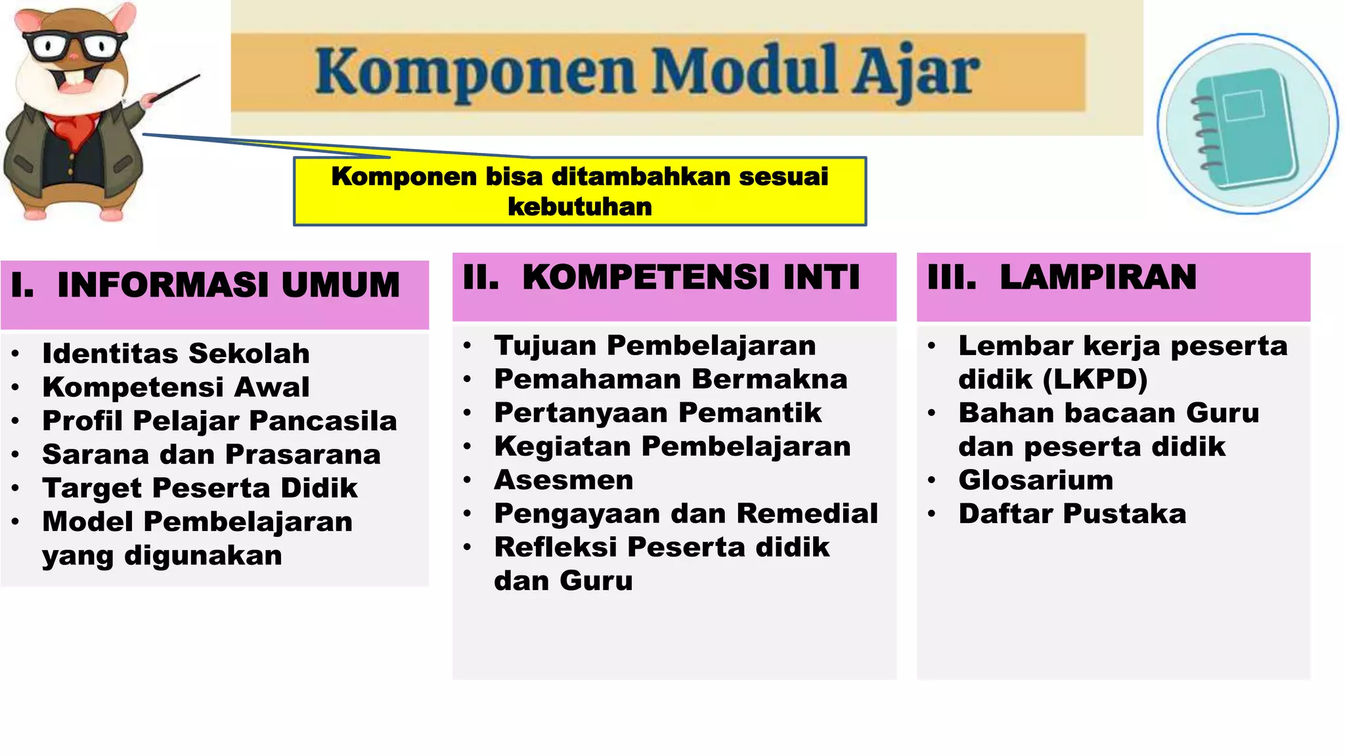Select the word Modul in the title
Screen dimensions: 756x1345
(745, 70)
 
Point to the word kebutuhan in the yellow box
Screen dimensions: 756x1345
(580, 207)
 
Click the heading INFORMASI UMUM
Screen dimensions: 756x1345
(228, 285)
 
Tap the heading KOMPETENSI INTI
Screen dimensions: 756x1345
(691, 276)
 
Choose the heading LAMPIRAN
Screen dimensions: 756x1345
(1098, 276)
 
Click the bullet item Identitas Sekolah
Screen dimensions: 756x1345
(176, 353)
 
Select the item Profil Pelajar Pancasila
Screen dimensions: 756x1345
(219, 421)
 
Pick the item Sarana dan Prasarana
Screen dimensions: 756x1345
(211, 454)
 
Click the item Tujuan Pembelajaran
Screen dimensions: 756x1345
(655, 345)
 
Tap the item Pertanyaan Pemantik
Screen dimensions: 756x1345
(657, 412)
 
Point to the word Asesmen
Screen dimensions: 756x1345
(563, 480)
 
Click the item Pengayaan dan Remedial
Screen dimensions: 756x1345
(686, 513)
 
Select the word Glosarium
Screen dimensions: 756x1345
(1036, 480)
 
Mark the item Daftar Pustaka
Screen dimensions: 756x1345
(1072, 513)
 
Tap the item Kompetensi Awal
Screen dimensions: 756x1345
(176, 387)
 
